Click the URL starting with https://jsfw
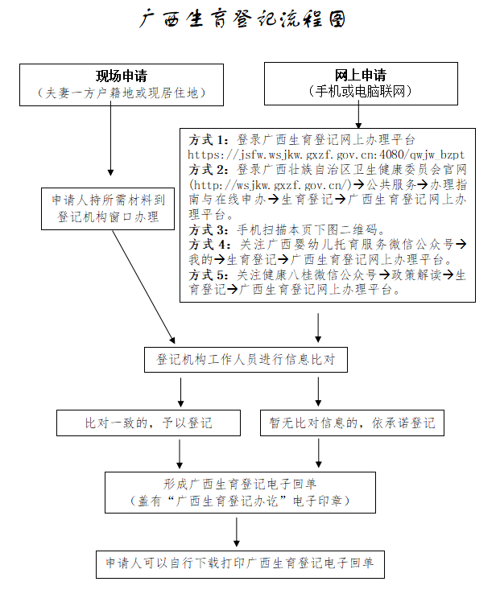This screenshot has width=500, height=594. point(326,154)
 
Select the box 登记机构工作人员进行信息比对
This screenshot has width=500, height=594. point(246,360)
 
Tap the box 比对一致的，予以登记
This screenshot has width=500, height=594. point(149,423)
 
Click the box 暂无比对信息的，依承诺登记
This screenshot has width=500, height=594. point(353,423)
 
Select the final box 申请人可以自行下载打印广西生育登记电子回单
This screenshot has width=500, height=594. point(239,563)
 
